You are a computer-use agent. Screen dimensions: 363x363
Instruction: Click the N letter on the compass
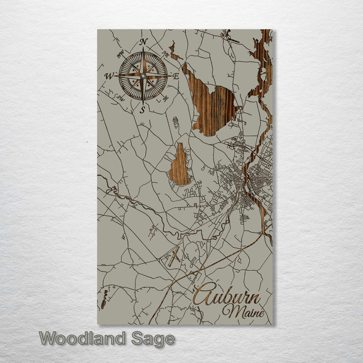point(143,41)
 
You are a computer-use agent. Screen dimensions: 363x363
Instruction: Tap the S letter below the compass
point(143,109)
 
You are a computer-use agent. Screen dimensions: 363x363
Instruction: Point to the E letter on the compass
point(176,77)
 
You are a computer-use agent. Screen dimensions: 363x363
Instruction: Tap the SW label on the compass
point(120,97)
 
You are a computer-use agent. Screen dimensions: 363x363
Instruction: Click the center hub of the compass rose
point(143,76)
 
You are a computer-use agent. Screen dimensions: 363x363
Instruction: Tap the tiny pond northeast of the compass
point(174,51)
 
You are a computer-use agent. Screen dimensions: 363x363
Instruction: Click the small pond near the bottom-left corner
point(104,298)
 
